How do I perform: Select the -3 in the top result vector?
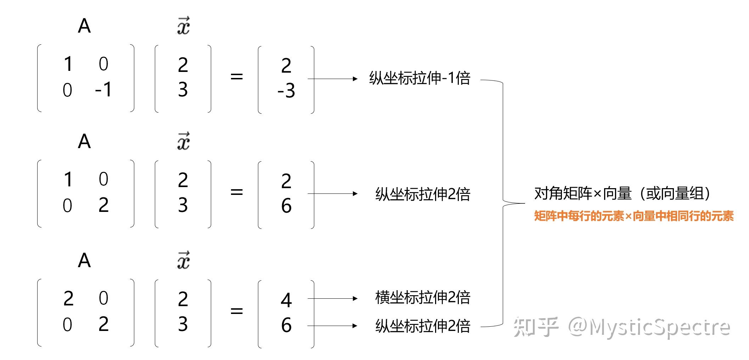coord(286,90)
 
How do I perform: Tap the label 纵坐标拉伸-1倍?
coord(420,78)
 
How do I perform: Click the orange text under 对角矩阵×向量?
coord(634,216)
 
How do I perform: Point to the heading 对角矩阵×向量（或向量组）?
coord(623,193)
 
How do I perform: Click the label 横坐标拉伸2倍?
coord(423,298)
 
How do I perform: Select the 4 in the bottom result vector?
coord(286,300)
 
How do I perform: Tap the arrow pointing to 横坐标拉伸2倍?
coord(333,298)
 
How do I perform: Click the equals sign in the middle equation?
coord(237,192)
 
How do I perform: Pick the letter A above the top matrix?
coord(84,26)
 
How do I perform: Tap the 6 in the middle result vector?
coord(286,206)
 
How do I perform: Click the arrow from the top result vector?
coord(333,79)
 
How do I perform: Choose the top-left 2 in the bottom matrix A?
coord(68,298)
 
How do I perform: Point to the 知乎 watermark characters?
coord(536,326)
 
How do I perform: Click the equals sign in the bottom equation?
coord(237,311)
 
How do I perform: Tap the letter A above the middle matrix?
coord(84,141)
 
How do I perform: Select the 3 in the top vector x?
coord(183,89)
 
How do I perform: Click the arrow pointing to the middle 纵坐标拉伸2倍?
coord(333,193)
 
